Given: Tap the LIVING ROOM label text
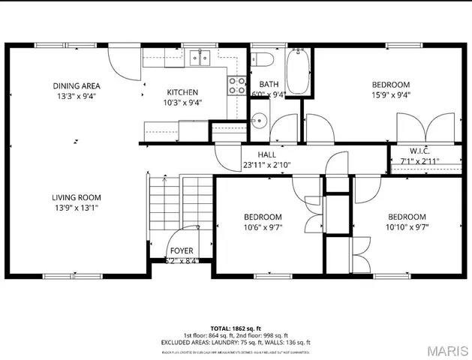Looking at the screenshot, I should click(75, 197).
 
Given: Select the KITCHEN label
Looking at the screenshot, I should click(183, 92).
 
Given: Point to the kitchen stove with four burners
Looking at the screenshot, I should click(237, 85).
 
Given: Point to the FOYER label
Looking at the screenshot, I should click(181, 251).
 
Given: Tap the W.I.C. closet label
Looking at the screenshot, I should click(419, 150).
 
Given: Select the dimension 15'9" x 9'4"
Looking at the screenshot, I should click(391, 95).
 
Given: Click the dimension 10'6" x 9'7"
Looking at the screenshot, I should click(262, 227).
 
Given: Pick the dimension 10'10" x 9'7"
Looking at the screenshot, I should click(407, 227).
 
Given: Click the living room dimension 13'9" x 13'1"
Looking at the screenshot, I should click(75, 208).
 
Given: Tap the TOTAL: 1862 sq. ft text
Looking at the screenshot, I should click(236, 328).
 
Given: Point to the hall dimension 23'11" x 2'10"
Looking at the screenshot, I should click(266, 165).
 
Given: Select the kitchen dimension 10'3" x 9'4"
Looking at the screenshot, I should click(183, 103).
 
